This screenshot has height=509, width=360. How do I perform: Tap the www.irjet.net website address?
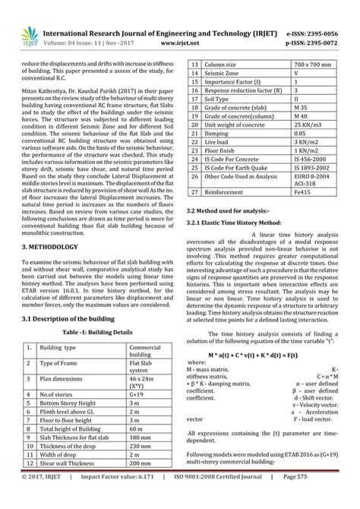tap(173, 23)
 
